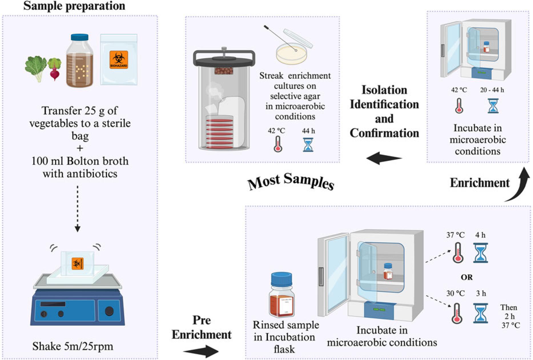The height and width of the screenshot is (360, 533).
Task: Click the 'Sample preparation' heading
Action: (74, 6)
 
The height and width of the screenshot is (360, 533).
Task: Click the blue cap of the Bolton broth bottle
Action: (80, 37)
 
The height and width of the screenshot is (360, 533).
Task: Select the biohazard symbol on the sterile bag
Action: (118, 59)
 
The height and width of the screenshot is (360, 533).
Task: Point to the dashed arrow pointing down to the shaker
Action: (77, 208)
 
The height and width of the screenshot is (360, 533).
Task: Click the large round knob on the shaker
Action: (109, 311)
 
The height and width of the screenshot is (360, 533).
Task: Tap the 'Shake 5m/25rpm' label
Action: (73, 346)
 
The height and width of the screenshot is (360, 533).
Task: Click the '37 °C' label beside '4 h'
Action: (455, 235)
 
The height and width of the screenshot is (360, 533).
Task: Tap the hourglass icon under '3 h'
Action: (480, 313)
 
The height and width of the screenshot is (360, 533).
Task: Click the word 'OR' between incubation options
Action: (466, 277)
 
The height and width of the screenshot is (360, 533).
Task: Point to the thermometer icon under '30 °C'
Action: (457, 313)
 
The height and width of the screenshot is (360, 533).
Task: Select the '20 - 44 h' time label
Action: (492, 90)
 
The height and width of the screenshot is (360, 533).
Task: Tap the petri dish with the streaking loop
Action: (291, 54)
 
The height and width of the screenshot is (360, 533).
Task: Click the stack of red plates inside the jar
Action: (220, 131)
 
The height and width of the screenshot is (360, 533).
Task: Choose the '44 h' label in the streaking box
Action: (308, 131)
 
